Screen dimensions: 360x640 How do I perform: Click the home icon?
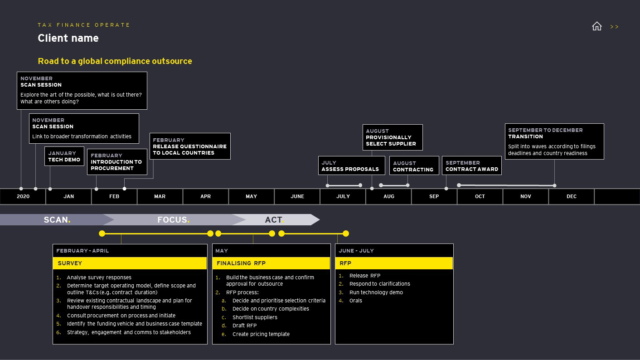[x=596, y=26]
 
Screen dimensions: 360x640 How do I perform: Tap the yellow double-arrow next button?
[x=614, y=27]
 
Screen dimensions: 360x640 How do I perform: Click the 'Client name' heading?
[x=68, y=38]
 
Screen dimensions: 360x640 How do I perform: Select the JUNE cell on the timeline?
[x=297, y=196]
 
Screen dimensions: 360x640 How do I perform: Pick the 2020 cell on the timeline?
[x=23, y=196]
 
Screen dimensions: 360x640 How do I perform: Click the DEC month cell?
[x=571, y=196]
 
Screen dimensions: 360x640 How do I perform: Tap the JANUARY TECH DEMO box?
[x=64, y=156]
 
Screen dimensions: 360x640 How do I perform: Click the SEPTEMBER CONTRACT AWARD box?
[x=471, y=166]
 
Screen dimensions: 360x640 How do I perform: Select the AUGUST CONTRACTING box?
[x=413, y=166]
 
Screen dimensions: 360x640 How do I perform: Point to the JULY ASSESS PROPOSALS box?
[x=351, y=166]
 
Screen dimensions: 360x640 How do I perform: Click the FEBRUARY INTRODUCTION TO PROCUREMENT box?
[x=117, y=162]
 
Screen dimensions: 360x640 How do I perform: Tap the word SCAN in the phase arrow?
[x=56, y=220]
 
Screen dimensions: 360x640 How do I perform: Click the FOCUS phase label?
[x=173, y=220]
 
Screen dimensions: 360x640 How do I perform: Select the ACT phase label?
[x=274, y=220]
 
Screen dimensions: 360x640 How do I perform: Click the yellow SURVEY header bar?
[x=130, y=263]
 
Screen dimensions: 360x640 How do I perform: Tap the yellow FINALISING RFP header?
[x=271, y=263]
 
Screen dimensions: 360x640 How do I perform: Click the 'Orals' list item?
[x=355, y=301]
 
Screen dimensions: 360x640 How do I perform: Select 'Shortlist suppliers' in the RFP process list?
[x=255, y=317]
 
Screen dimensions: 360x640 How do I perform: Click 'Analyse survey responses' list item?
[x=99, y=277]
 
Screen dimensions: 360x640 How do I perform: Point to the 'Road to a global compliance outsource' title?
[x=115, y=61]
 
